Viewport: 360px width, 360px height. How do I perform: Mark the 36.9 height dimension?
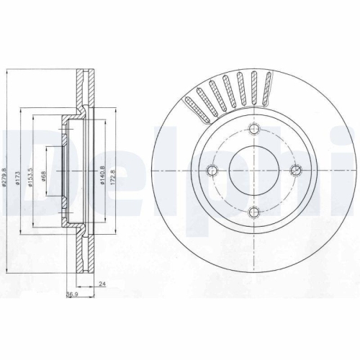[72, 295]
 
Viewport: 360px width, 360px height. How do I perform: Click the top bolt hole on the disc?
[253, 129]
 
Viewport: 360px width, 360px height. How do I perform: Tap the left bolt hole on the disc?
[212, 170]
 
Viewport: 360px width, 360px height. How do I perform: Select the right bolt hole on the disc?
[294, 170]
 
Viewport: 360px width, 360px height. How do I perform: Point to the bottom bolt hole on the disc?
[253, 212]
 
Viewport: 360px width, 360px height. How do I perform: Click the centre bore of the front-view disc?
[253, 170]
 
